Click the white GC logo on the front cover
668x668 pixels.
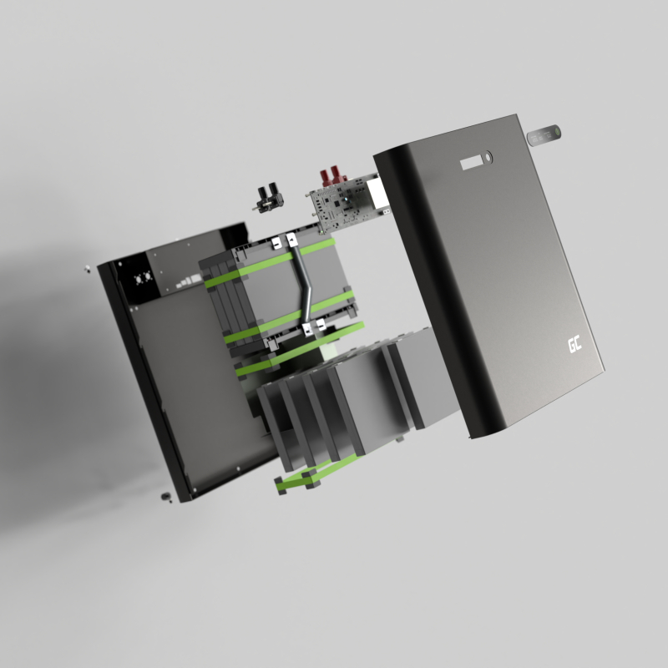tap(574, 345)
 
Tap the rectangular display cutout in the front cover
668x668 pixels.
tap(472, 163)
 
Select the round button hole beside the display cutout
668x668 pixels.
tap(488, 157)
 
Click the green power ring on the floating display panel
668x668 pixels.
tap(555, 133)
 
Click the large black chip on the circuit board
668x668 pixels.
tap(337, 203)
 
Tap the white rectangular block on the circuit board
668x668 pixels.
tap(377, 193)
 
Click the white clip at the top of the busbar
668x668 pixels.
tap(291, 240)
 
